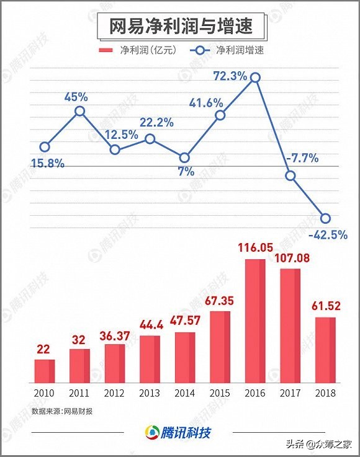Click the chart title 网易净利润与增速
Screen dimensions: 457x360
coord(179,27)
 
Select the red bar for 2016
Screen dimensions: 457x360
coord(255,321)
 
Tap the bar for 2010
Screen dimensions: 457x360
coord(44,371)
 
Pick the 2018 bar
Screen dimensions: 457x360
coord(325,350)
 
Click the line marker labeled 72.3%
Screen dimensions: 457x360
coord(254,78)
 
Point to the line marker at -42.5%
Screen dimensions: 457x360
coord(325,218)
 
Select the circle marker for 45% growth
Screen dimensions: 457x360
coord(79,112)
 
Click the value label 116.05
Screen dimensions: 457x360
coord(255,248)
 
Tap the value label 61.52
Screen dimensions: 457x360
coord(325,306)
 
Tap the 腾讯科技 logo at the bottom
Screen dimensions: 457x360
coord(179,432)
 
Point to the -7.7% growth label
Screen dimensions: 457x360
coord(302,158)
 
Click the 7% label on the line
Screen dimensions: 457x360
coord(186,172)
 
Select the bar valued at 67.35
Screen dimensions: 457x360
coord(220,347)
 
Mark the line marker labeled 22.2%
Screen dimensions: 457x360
coord(150,139)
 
